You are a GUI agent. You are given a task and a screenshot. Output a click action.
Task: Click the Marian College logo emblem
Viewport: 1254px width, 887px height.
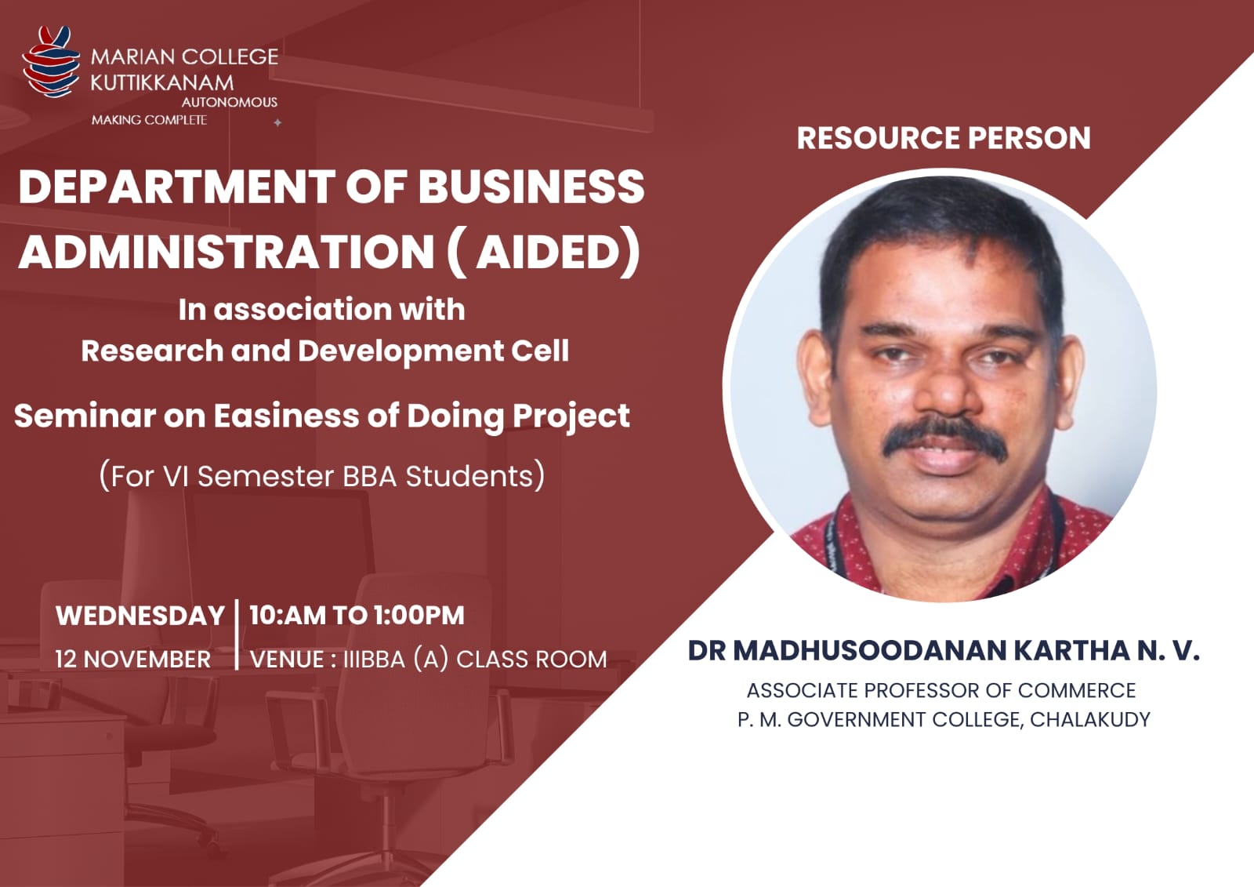[50, 62]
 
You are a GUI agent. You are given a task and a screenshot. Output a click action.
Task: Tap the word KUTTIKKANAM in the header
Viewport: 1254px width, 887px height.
[161, 83]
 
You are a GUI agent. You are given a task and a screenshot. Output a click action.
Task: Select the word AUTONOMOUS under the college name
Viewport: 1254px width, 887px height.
[230, 102]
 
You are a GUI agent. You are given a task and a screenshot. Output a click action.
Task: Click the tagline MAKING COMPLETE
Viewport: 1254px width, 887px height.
[149, 120]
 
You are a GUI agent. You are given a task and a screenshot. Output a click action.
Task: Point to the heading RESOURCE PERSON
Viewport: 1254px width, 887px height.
[944, 138]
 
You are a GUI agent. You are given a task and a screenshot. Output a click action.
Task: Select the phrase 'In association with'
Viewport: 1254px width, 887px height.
[322, 309]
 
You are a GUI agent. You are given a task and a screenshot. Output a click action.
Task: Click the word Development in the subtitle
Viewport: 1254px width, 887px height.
[400, 352]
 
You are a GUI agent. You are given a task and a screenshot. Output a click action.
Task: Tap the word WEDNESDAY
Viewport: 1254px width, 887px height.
[140, 616]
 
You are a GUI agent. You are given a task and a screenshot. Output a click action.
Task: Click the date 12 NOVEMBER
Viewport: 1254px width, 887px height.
[133, 660]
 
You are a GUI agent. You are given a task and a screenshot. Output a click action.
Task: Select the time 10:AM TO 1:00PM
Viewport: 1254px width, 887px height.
[357, 615]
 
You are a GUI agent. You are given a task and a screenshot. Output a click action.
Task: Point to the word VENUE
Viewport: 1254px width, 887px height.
[287, 660]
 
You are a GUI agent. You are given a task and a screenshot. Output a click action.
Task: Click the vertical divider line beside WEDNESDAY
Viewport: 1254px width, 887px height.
[237, 634]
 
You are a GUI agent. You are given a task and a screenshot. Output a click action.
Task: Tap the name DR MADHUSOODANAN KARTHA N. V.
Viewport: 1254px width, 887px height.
[944, 650]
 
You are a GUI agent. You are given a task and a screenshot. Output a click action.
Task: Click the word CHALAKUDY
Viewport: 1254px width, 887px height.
[1090, 719]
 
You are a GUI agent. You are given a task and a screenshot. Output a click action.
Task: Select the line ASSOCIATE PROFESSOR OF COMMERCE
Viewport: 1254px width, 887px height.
[941, 690]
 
